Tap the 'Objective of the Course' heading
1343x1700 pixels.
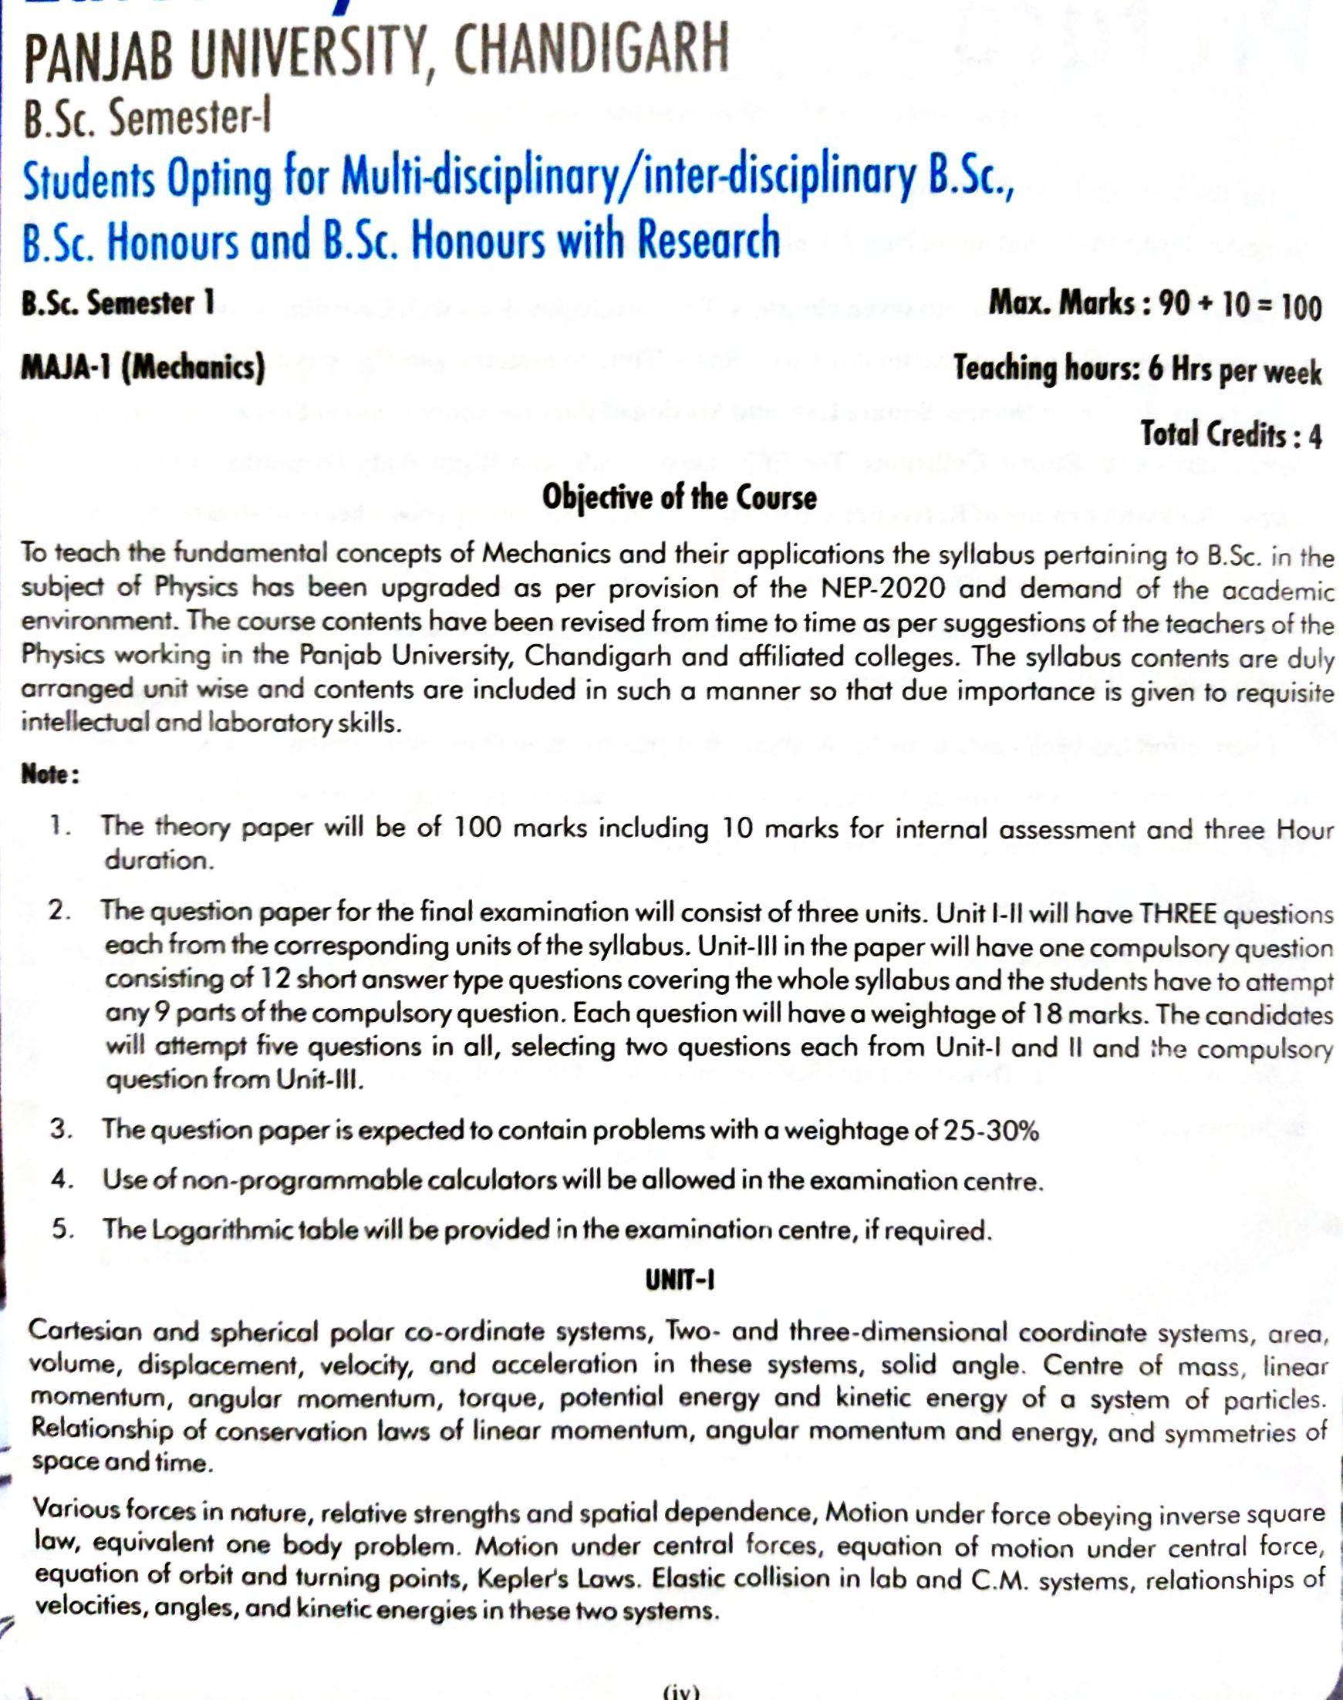pyautogui.click(x=680, y=498)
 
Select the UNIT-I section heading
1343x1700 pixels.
pyautogui.click(x=680, y=1281)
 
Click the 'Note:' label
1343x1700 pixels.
pyautogui.click(x=50, y=774)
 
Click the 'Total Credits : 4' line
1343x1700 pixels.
pyautogui.click(x=1230, y=434)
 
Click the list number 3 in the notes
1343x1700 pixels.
pyautogui.click(x=62, y=1129)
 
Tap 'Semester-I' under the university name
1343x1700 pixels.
pyautogui.click(x=189, y=119)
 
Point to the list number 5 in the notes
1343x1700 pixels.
pyautogui.click(x=62, y=1229)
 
